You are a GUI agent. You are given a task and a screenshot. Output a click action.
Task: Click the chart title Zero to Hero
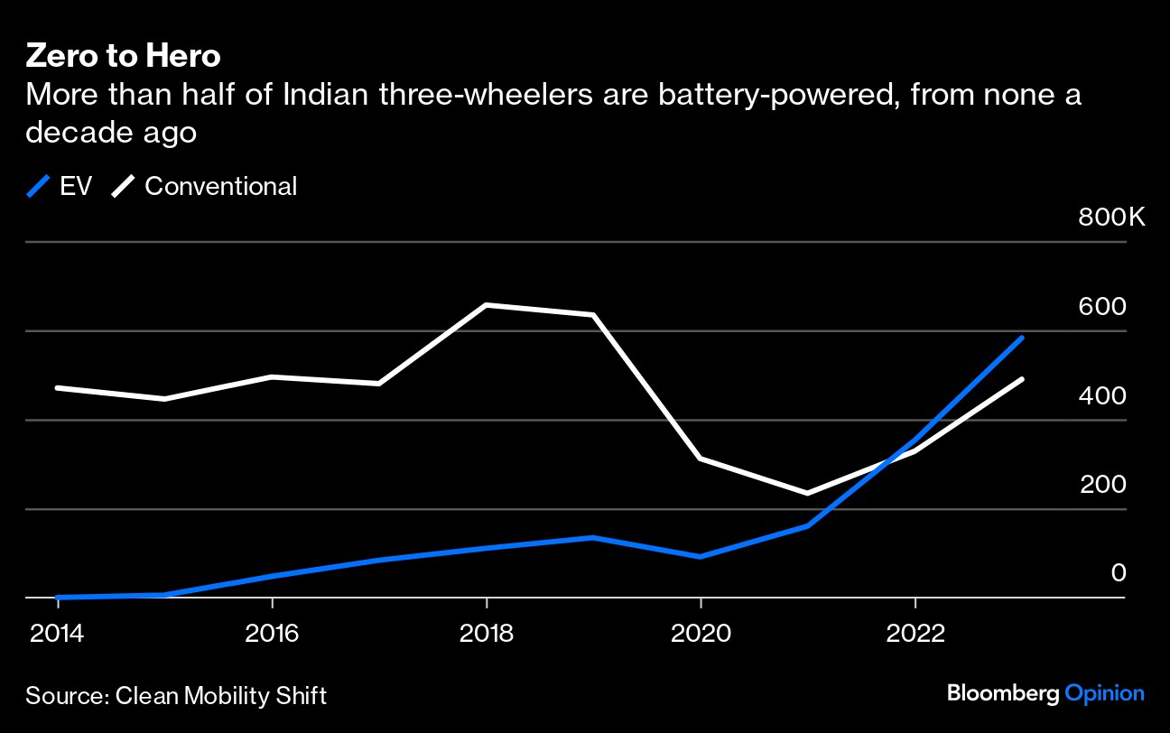(x=123, y=56)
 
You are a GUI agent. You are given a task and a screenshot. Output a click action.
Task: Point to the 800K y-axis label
(x=1111, y=218)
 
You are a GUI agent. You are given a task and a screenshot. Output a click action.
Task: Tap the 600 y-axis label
(x=1102, y=307)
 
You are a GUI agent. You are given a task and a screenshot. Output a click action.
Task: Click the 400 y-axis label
(x=1102, y=396)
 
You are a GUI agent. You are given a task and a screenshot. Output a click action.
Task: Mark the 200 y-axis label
(x=1102, y=485)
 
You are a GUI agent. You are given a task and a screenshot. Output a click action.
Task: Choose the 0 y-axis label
(x=1118, y=573)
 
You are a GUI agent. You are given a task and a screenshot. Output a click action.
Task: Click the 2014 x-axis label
(x=56, y=633)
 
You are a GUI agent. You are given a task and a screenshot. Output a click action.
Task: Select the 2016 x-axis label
(x=272, y=633)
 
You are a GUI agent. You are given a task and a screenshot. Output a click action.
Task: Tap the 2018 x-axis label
(x=487, y=633)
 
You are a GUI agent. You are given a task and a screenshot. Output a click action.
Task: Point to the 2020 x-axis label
(x=701, y=633)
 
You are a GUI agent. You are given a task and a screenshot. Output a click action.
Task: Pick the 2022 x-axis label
(x=915, y=633)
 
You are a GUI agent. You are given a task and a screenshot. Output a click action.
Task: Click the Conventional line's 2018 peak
(x=487, y=305)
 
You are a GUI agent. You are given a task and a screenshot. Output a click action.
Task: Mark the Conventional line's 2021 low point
(x=808, y=493)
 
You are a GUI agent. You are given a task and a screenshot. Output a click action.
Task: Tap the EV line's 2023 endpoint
(x=1022, y=338)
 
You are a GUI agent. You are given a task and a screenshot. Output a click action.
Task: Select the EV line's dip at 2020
(x=701, y=556)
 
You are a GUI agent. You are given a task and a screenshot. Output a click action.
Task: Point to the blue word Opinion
(x=1104, y=694)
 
